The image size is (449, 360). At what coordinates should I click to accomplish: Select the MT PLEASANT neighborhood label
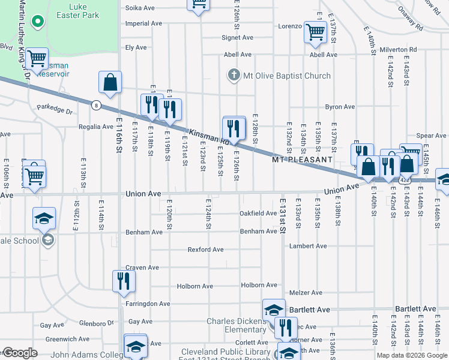coord(302,160)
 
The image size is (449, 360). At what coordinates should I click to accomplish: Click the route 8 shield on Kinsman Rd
coord(95,106)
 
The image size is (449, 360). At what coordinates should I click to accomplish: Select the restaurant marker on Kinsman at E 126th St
coord(234,128)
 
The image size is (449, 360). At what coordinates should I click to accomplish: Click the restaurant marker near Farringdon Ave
coord(124,281)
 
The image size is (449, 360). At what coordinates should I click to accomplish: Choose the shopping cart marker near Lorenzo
coord(315,32)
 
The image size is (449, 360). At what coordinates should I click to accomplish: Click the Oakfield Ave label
coord(258,213)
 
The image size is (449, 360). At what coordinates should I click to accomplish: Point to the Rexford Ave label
coord(205,249)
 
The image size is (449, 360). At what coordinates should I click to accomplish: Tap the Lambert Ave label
coord(307,246)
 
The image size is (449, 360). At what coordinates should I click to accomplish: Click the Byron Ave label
coord(340,107)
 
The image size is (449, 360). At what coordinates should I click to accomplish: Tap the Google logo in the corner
coord(20,353)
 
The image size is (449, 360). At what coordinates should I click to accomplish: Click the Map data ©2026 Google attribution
coord(411,355)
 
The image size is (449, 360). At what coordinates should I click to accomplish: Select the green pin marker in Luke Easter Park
coord(38,23)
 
